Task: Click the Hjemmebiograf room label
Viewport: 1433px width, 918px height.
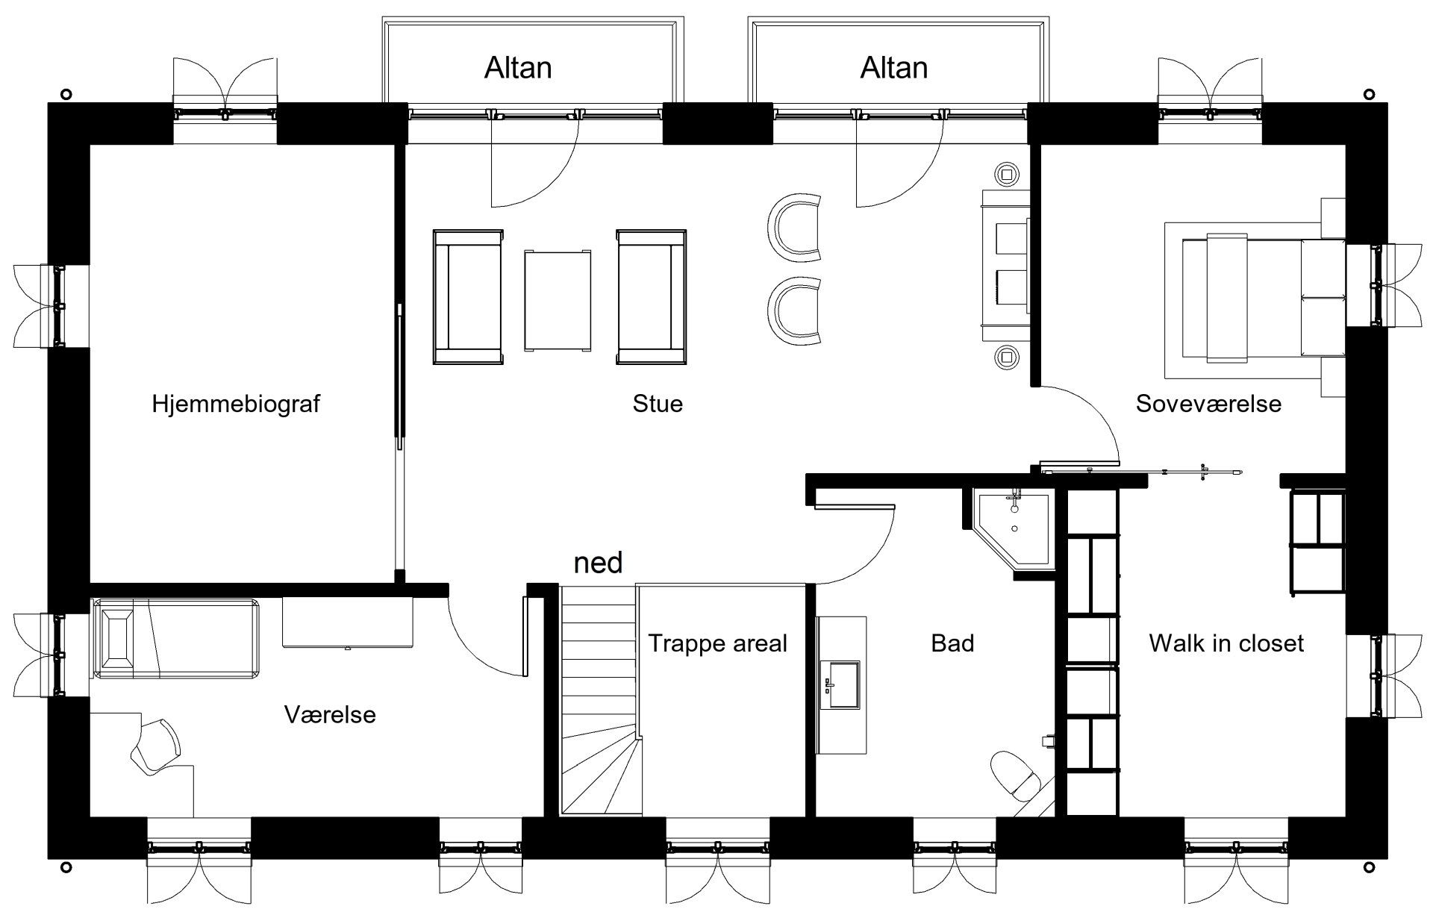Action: (236, 404)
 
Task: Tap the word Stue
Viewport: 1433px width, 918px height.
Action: (658, 404)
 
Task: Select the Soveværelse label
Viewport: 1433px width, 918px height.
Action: (1208, 404)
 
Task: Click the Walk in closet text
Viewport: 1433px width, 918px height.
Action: (1226, 643)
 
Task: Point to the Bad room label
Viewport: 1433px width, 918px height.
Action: (952, 643)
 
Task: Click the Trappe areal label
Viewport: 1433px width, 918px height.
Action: (717, 643)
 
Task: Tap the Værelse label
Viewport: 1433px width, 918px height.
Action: (330, 715)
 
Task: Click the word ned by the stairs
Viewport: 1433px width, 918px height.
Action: (598, 563)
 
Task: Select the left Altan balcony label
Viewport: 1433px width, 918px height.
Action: (518, 68)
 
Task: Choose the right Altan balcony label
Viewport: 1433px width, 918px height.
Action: (893, 68)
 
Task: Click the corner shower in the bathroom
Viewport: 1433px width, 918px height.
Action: (1014, 533)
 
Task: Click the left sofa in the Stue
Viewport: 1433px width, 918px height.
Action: (468, 297)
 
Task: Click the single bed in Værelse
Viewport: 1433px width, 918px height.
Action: (175, 639)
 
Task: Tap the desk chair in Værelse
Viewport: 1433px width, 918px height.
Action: (155, 745)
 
